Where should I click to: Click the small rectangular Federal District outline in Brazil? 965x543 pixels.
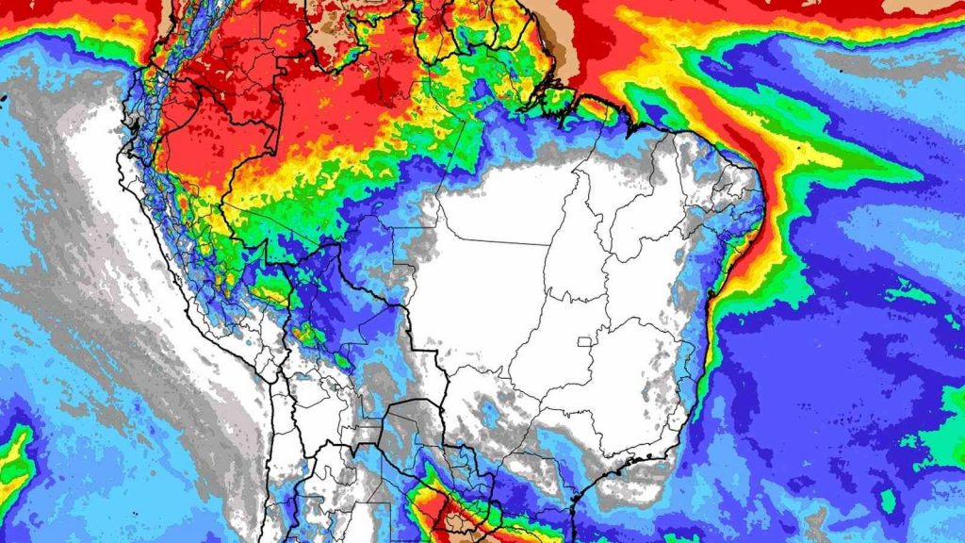591,341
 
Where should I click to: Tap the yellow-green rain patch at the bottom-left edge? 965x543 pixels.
13,462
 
